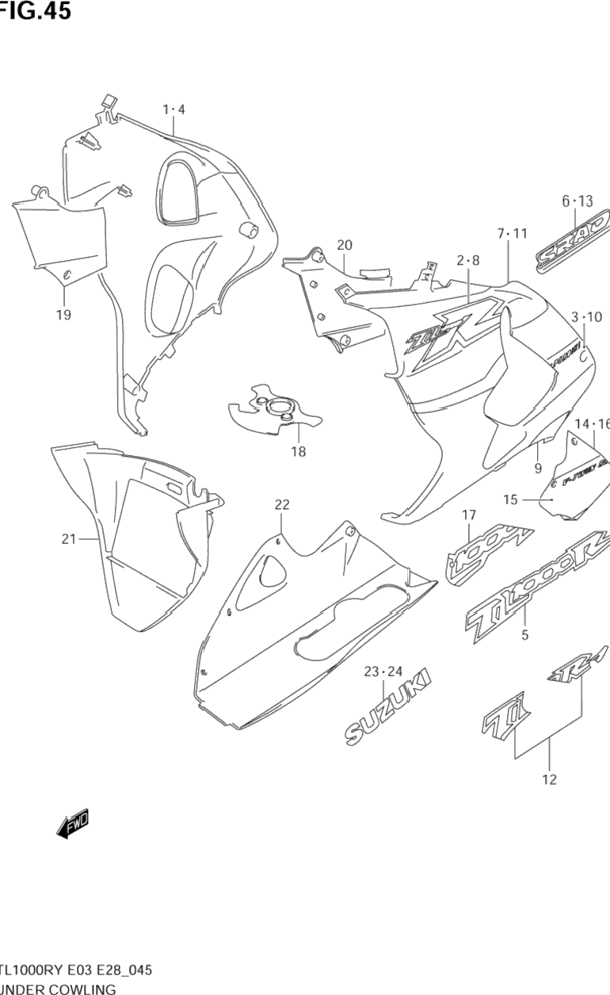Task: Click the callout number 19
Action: [63, 315]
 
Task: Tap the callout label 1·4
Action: [173, 109]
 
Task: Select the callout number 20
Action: [344, 245]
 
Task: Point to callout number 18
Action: [298, 452]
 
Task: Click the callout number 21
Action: [69, 539]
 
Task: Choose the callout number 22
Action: [282, 504]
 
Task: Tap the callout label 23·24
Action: [384, 672]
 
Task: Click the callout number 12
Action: [549, 779]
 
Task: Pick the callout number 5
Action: [524, 634]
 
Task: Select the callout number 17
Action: [469, 515]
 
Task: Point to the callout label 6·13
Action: [577, 201]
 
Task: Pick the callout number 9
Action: [538, 469]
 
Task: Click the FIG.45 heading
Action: [36, 10]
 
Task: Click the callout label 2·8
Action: [468, 260]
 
